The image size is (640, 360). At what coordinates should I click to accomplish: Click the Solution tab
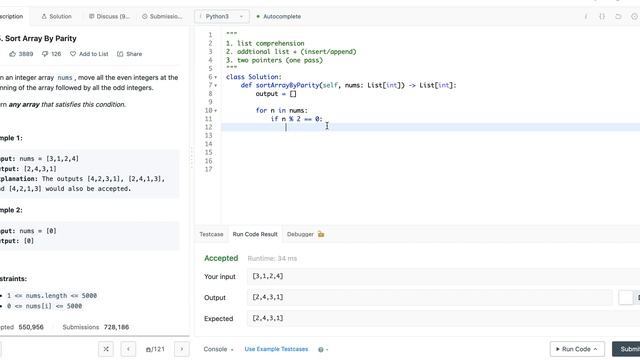57,17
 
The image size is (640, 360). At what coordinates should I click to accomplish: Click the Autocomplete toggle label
284,17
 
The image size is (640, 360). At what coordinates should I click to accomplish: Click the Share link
130,53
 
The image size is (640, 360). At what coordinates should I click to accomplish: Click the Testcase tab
211,234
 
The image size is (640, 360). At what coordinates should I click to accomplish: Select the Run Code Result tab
255,234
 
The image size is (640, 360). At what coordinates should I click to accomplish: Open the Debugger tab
301,234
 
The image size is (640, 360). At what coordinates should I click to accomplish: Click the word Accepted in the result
221,258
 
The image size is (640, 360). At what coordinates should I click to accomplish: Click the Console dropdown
218,349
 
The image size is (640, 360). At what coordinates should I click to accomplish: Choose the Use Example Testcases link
276,349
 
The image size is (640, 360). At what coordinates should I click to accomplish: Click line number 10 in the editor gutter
209,110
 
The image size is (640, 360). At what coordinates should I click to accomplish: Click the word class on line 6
234,77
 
